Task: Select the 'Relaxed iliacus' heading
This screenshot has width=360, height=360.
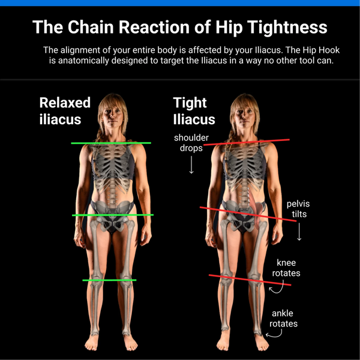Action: coord(65,110)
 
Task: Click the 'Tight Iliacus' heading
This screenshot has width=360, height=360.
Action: coord(194,110)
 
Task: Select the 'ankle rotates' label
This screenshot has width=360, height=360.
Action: coord(283,318)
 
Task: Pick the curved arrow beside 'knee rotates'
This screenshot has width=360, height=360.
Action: coord(276,289)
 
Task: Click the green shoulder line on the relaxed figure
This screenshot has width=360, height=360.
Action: coord(111,143)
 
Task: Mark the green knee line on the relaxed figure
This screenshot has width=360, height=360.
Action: coord(109,280)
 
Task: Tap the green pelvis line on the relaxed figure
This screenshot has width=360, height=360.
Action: coord(113,215)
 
